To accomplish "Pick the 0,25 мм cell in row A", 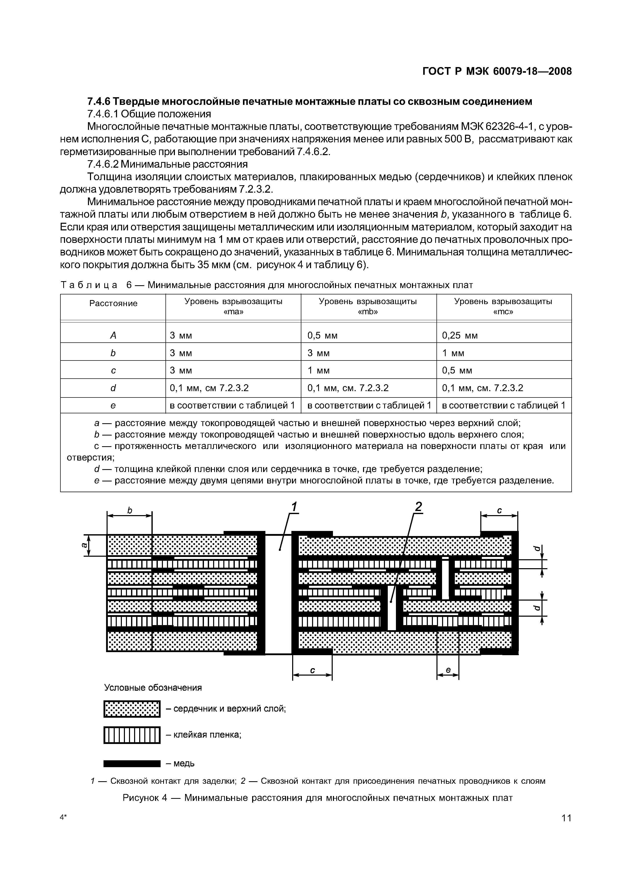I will (x=459, y=335).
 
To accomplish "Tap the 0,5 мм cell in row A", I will (x=323, y=335).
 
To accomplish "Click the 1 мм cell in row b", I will (x=453, y=353).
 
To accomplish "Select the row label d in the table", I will (x=113, y=388).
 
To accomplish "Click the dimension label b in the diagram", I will (x=130, y=511).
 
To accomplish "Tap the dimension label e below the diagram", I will (x=448, y=670).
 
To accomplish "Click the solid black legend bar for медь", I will (x=132, y=763).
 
